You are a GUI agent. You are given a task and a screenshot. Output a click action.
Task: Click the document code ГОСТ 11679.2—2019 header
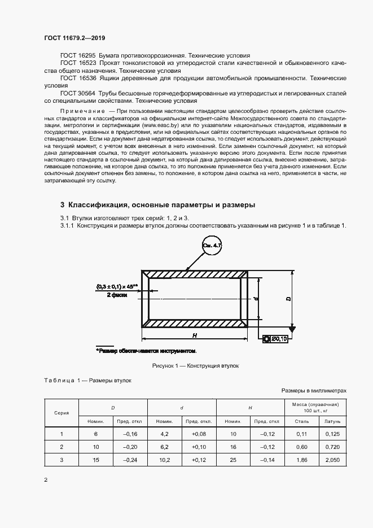tap(74, 38)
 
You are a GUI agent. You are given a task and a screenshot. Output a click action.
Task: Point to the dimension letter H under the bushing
tap(194, 335)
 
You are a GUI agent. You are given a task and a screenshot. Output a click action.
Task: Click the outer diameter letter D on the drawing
tap(288, 299)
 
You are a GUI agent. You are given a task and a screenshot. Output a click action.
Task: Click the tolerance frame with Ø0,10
tap(276, 338)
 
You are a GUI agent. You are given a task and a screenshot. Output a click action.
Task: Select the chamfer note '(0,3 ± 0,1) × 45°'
tap(117, 286)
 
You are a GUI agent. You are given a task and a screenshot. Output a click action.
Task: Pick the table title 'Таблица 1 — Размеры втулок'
tap(87, 380)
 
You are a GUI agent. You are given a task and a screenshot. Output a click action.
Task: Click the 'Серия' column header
tap(62, 413)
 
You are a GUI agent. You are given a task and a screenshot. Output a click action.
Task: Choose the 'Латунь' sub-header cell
tap(331, 421)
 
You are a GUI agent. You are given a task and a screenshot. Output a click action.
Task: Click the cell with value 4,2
tap(164, 434)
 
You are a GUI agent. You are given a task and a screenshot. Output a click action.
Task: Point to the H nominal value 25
tap(233, 460)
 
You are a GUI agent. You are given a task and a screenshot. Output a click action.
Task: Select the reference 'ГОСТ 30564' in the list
tap(78, 93)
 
